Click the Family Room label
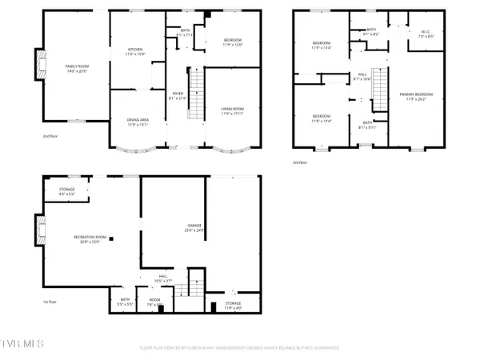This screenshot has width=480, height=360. [77, 68]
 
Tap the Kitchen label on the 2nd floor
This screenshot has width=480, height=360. [134, 54]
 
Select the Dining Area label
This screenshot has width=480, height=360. [138, 122]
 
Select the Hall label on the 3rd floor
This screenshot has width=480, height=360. [362, 78]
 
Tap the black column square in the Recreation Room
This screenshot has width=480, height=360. [112, 238]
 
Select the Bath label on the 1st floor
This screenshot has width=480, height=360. [125, 302]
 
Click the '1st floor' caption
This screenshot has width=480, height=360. [50, 302]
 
